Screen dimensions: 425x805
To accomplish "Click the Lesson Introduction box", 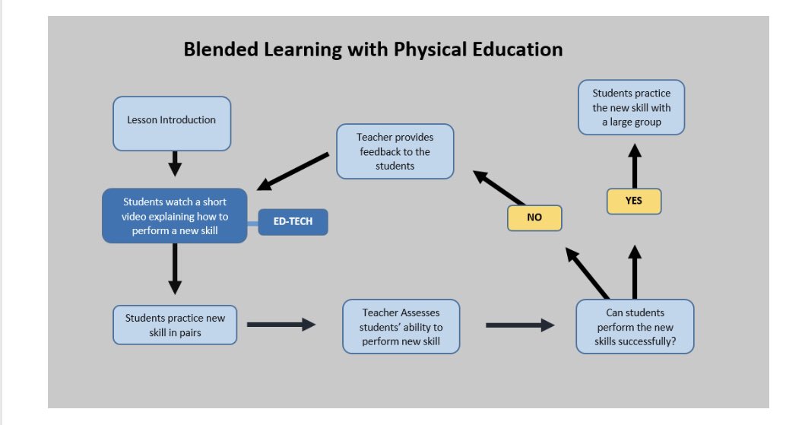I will point(171,122).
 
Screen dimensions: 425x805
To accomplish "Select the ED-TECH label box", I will point(293,222).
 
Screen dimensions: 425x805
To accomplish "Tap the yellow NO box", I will point(534,217).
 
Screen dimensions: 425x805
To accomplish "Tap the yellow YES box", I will point(634,201).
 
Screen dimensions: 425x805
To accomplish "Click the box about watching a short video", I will point(175,215).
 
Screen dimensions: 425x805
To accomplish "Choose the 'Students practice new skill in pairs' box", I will point(175,325).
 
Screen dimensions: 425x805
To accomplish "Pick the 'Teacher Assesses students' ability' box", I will point(401,326).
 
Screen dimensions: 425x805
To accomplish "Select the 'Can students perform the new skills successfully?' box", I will point(635,326).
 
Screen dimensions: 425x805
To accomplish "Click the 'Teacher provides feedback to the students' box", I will point(395,151).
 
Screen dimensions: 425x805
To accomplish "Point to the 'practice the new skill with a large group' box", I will point(632,107).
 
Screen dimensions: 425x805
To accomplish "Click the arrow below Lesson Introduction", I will point(175,163).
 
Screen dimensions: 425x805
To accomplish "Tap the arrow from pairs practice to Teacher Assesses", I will point(280,325).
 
